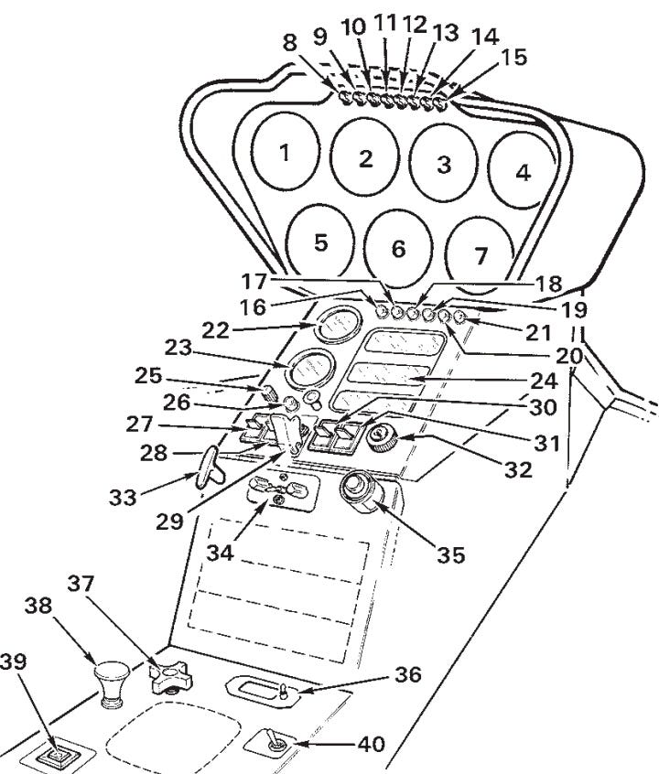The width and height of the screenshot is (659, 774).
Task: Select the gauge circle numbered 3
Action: [x=444, y=165]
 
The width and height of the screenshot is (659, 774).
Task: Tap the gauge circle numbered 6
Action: [x=398, y=248]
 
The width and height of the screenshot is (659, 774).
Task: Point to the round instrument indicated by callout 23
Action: [x=310, y=371]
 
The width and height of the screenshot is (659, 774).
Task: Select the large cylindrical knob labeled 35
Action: [x=361, y=494]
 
